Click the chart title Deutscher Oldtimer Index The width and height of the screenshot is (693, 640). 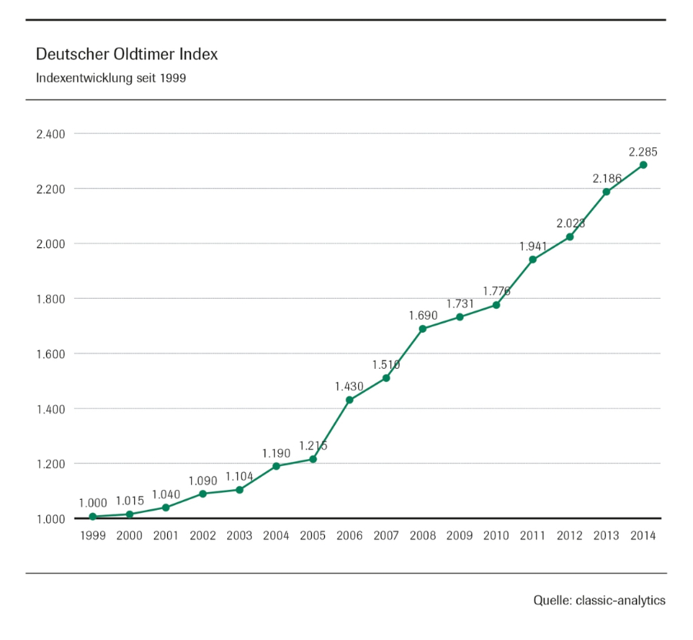[127, 55]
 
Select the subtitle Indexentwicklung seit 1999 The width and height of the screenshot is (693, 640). [111, 79]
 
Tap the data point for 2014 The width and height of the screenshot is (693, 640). [643, 165]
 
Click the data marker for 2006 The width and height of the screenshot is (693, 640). [350, 400]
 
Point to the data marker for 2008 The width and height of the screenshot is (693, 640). [423, 329]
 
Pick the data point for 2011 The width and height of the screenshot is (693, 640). [533, 260]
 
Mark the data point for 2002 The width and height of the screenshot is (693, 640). [203, 494]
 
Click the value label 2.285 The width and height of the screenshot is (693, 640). [643, 152]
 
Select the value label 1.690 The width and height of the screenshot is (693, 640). [423, 316]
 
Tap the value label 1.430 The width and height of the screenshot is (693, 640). [349, 387]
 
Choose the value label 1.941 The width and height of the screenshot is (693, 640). [533, 246]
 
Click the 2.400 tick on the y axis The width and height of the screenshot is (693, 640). [50, 134]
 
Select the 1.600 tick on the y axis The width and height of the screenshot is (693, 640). [50, 354]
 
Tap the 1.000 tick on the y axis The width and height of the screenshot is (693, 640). [50, 518]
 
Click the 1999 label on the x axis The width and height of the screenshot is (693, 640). [92, 536]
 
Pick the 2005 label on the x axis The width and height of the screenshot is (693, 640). [313, 536]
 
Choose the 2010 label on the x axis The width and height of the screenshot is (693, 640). [496, 536]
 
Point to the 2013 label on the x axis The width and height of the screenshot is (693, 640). [606, 536]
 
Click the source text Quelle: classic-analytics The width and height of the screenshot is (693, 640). [599, 601]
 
